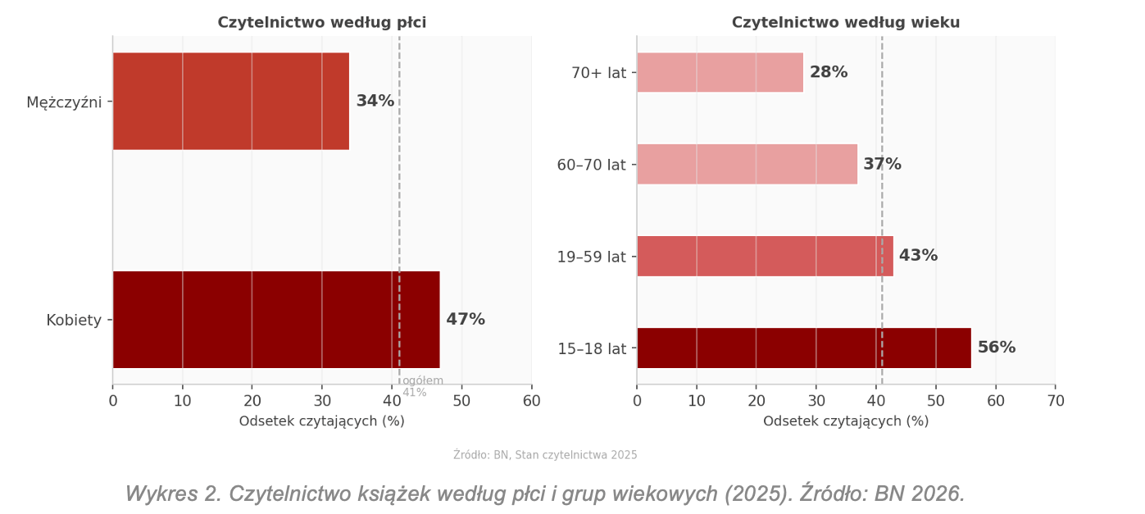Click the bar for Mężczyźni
coord(230,101)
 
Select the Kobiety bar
coord(275,320)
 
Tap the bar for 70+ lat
coord(720,72)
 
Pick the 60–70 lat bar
coord(747,164)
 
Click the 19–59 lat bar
coord(765,256)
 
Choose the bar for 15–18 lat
coord(803,348)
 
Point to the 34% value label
coord(375,101)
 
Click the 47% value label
coord(465,320)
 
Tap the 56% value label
coord(996,348)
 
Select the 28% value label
coord(828,72)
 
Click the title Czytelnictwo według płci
coord(321,23)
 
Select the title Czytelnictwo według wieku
coord(845,23)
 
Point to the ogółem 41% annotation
coord(421,386)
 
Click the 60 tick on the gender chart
coord(531,401)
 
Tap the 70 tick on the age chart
coord(1055,401)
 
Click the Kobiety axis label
coord(74,321)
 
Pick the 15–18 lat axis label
coord(591,349)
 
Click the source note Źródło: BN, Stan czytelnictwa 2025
coord(545,455)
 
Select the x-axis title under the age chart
coord(845,421)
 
